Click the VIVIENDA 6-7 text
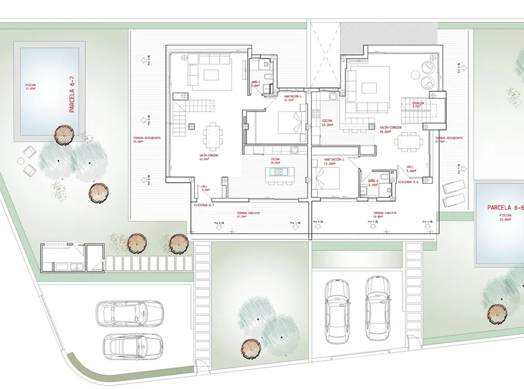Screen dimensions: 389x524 [204, 205]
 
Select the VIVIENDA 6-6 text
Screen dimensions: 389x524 [408, 182]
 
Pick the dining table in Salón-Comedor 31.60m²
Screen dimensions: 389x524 [410, 142]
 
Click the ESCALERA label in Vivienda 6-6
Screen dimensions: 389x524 [417, 104]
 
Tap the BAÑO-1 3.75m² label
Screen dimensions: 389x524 [374, 182]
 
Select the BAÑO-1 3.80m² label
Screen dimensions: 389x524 [255, 85]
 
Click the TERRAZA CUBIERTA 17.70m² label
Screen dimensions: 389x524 [248, 214]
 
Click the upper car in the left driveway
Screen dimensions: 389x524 [128, 313]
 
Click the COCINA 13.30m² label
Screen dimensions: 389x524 [328, 123]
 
